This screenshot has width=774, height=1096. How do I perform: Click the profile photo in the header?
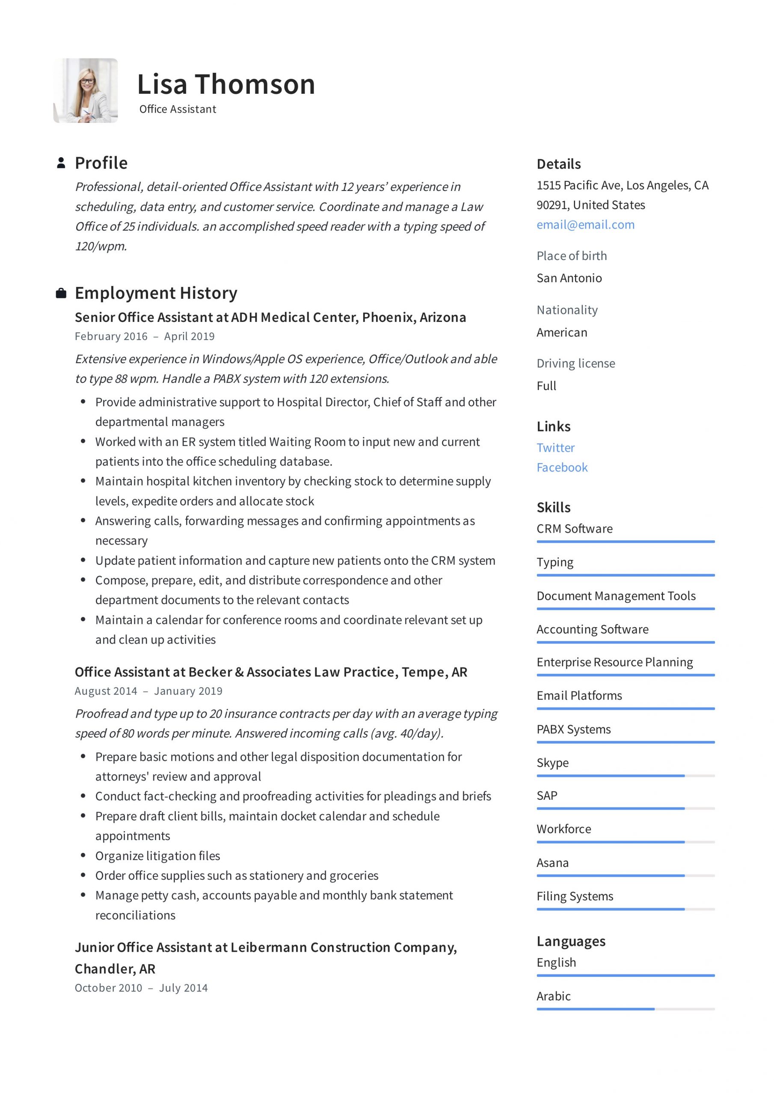click(86, 91)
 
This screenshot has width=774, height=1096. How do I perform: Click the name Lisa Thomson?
click(226, 84)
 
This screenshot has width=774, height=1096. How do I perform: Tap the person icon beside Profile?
click(61, 163)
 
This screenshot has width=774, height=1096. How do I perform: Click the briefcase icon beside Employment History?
click(61, 293)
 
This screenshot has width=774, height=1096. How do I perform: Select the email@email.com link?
click(585, 225)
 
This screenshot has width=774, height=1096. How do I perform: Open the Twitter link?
click(555, 448)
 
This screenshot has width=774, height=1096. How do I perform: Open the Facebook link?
click(562, 468)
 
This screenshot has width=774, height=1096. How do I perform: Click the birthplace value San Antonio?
click(569, 278)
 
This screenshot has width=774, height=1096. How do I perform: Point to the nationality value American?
click(562, 332)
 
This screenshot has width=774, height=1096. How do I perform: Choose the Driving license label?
click(575, 363)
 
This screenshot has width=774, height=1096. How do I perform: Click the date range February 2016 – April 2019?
click(145, 337)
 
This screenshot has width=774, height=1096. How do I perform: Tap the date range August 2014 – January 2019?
click(148, 691)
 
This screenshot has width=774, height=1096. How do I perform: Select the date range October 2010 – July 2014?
click(141, 988)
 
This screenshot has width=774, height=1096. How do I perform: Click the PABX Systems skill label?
click(573, 730)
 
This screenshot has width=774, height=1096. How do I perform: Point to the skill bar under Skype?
click(625, 776)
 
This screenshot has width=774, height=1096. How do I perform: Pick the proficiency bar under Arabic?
click(625, 1009)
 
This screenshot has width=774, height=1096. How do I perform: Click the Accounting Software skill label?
click(592, 629)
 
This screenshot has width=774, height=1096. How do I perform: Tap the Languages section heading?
click(571, 941)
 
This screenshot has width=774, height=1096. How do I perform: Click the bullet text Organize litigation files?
click(157, 856)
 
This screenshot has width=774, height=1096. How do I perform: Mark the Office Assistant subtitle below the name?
click(178, 109)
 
